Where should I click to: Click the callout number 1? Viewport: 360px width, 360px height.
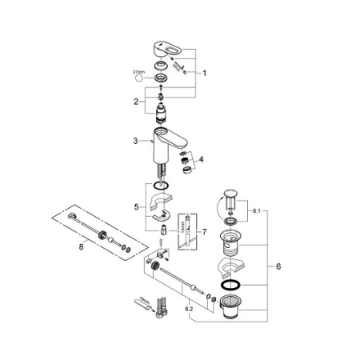tap(205, 73)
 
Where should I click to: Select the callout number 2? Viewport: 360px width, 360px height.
tap(136, 102)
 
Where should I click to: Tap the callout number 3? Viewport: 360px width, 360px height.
tap(136, 142)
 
